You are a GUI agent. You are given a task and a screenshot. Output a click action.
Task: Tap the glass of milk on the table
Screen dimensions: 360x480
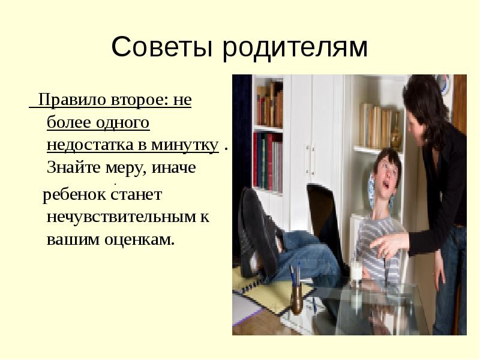356,271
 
